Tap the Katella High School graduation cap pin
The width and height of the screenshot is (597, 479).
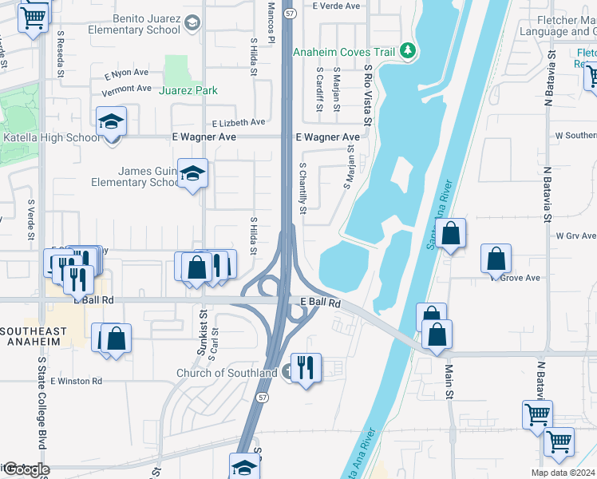coord(112,121)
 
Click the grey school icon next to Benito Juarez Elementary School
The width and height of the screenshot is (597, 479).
coord(192,24)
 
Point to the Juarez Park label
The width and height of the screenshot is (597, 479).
coord(188,90)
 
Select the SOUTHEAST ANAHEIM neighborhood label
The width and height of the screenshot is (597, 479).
coord(34,336)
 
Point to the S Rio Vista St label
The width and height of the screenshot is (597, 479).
coord(368,97)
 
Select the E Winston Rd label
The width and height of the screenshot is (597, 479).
coord(76,382)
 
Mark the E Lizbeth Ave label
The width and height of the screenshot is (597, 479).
coord(239,123)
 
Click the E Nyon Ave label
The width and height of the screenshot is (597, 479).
coord(127,73)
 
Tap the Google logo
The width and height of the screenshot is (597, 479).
coord(26,469)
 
